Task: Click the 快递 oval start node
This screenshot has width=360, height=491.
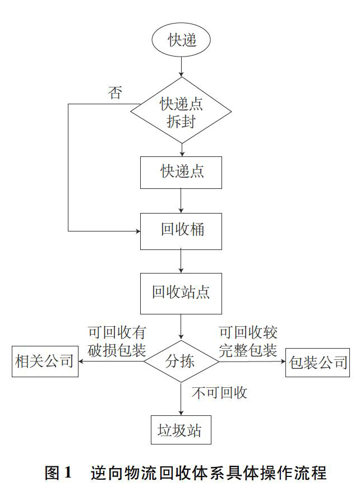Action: coord(181,39)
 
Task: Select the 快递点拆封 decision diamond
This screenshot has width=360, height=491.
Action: coord(181,111)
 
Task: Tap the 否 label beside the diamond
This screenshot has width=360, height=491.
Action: coord(115,92)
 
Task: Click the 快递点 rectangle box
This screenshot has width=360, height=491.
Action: coord(181,173)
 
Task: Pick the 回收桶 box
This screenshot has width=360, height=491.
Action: coord(181,231)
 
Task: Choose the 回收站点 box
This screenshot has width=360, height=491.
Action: coord(181,293)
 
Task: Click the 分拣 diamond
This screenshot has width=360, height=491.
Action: coord(181,362)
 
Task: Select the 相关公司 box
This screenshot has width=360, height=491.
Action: coord(45,362)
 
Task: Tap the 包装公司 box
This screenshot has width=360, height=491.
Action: coord(318,362)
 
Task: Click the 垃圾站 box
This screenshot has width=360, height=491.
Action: coord(181,430)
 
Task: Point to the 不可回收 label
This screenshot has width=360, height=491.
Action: coord(220,393)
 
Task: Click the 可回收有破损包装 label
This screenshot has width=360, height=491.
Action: coord(117,341)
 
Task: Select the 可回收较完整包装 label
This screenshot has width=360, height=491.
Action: coord(248,341)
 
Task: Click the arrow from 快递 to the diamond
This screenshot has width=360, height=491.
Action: coord(181,67)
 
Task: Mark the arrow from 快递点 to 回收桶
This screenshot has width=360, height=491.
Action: coord(181,201)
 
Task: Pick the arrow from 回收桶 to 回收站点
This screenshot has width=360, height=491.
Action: coord(181,261)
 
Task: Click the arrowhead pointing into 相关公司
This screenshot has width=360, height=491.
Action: coord(81,362)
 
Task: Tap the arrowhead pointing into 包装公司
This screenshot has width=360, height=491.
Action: coord(283,362)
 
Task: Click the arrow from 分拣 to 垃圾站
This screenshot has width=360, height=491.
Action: coord(181,399)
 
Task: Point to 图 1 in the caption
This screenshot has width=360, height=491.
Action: coord(58,473)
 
